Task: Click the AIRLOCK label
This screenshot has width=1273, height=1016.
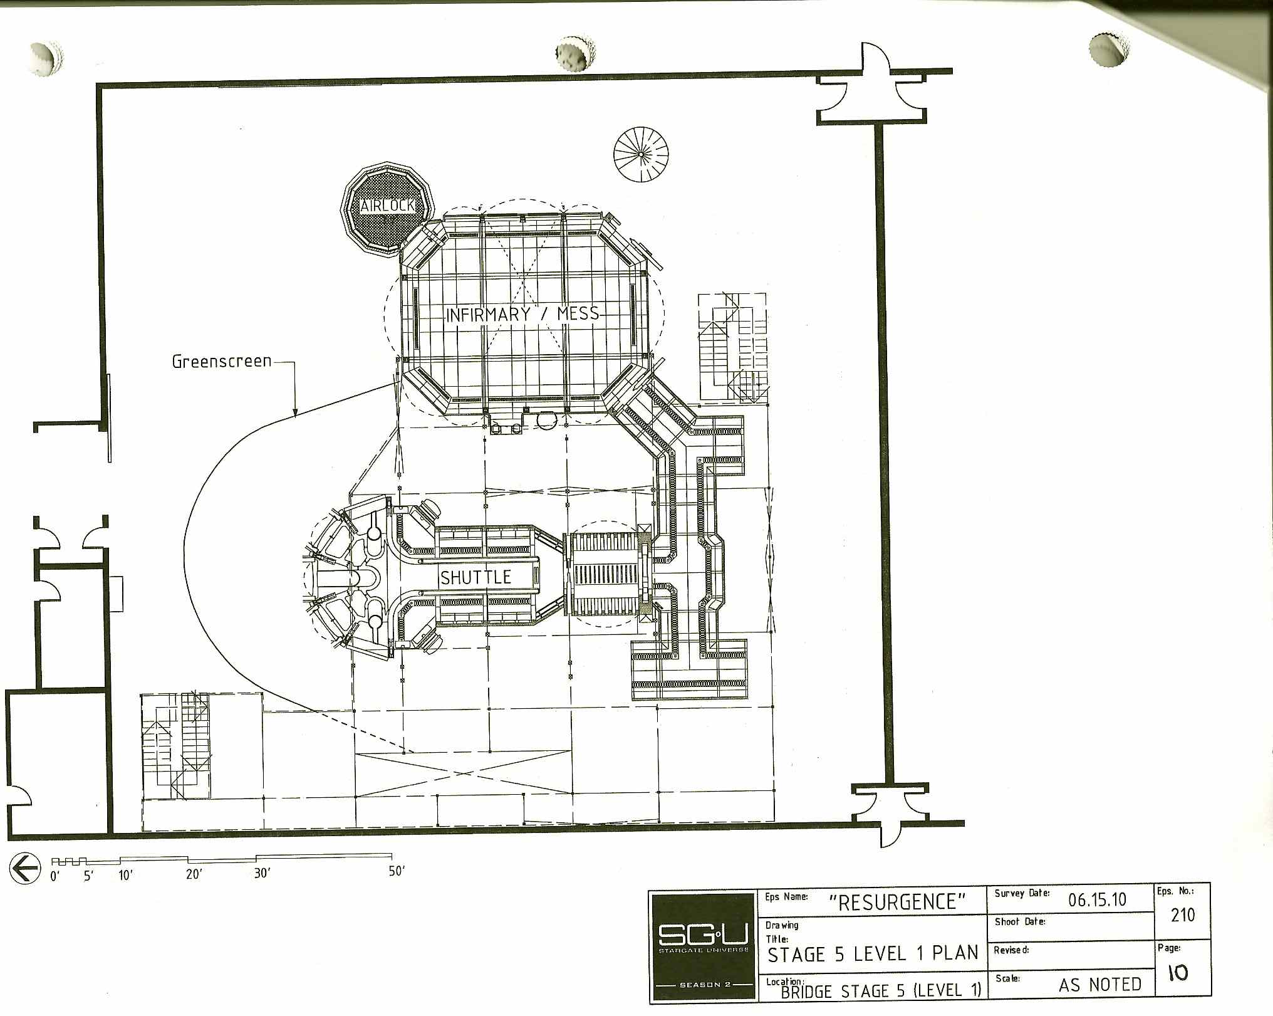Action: pyautogui.click(x=387, y=205)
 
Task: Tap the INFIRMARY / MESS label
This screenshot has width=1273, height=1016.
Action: pyautogui.click(x=522, y=313)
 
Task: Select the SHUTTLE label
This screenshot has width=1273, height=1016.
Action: pyautogui.click(x=476, y=577)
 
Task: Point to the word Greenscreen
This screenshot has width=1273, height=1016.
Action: pyautogui.click(x=222, y=362)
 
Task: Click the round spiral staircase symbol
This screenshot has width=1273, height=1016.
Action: pyautogui.click(x=641, y=154)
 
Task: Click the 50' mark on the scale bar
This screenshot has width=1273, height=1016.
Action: pyautogui.click(x=397, y=872)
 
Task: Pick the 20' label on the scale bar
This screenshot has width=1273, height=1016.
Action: pyautogui.click(x=194, y=874)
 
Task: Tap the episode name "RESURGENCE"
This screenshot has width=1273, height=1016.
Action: pyautogui.click(x=897, y=902)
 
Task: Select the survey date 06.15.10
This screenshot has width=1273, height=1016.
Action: pyautogui.click(x=1098, y=900)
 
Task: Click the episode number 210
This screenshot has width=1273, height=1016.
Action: pyautogui.click(x=1183, y=915)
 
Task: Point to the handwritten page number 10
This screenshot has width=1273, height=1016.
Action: pyautogui.click(x=1178, y=972)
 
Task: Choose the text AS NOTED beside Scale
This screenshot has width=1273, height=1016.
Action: pyautogui.click(x=1100, y=985)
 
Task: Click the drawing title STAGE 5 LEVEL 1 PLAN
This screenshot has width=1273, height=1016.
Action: pyautogui.click(x=873, y=953)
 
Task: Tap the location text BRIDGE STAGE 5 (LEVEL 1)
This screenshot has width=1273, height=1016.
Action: pyautogui.click(x=881, y=991)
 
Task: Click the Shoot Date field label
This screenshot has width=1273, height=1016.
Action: pyautogui.click(x=1019, y=921)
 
